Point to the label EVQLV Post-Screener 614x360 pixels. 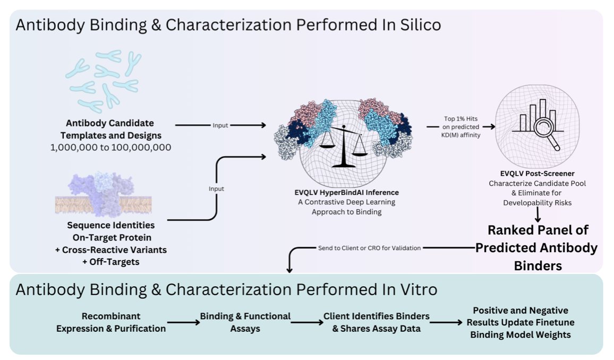537,174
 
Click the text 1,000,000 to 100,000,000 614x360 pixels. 110,147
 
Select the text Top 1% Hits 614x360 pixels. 459,119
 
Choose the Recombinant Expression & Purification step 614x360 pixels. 111,322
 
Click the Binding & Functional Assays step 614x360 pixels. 245,322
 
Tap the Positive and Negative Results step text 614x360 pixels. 520,322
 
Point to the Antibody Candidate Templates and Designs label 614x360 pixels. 110,128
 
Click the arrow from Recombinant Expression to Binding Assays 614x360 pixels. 183,322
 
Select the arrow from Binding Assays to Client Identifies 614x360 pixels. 306,322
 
